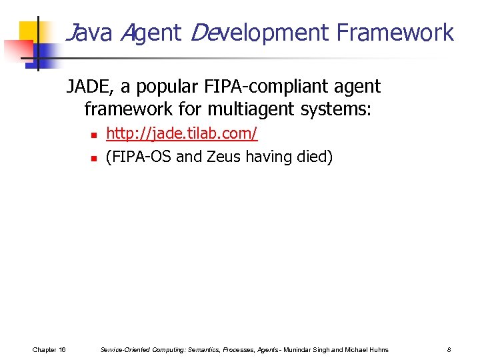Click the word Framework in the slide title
pyautogui.click(x=395, y=33)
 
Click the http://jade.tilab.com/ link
pyautogui.click(x=182, y=134)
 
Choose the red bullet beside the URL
pyautogui.click(x=94, y=135)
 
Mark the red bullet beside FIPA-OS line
pyautogui.click(x=94, y=158)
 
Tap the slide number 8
pyautogui.click(x=449, y=349)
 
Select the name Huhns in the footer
pyautogui.click(x=379, y=349)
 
